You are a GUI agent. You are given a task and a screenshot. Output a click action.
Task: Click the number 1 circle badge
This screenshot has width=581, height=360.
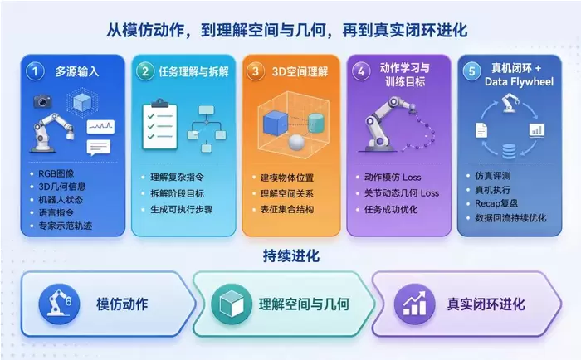(35, 71)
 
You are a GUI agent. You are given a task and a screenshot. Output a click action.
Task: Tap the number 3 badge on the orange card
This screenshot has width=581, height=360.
(255, 71)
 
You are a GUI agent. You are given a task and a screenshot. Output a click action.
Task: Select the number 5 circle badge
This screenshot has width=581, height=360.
(471, 71)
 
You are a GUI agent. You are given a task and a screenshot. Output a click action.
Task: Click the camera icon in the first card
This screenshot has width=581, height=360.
(42, 101)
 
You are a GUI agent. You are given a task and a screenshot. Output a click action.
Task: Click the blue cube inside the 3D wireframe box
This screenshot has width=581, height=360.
(275, 124)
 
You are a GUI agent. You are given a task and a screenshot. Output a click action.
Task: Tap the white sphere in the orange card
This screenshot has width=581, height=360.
(296, 142)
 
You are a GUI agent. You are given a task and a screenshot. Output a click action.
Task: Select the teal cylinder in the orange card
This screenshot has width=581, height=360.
(315, 123)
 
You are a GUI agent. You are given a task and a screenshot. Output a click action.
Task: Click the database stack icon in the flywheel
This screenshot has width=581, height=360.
(509, 152)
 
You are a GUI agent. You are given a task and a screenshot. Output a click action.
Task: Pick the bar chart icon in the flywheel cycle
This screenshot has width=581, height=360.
(537, 130)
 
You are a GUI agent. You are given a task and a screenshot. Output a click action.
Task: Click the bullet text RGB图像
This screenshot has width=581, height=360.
(56, 173)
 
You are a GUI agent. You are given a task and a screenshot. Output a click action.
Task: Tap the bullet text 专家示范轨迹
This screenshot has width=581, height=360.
(66, 226)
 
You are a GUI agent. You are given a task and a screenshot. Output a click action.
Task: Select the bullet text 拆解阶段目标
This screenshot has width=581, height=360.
(177, 193)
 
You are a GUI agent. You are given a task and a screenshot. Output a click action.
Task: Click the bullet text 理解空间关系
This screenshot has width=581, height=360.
(287, 193)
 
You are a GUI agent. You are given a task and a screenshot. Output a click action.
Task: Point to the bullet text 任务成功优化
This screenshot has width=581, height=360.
(391, 209)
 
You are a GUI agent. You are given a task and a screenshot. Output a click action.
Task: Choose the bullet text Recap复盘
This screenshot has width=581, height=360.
(496, 203)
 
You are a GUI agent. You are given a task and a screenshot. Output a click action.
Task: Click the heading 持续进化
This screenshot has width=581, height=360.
(291, 256)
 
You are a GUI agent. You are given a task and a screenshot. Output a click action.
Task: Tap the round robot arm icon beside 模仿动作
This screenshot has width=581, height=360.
(59, 304)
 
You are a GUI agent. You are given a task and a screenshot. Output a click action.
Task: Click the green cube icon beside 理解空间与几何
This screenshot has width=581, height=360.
(232, 304)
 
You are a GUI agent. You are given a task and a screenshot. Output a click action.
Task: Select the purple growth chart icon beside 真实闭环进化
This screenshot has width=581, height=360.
(414, 304)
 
